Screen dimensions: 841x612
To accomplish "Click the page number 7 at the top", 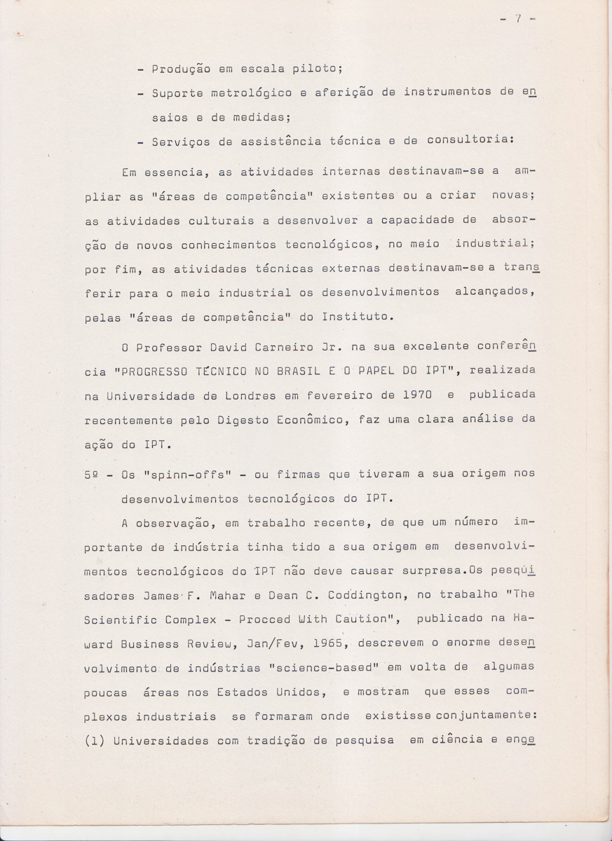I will pos(518,20).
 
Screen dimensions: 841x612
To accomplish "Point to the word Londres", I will pos(250,395).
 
